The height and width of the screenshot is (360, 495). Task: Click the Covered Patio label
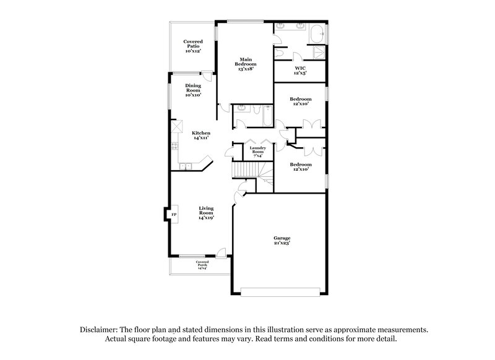click(193, 46)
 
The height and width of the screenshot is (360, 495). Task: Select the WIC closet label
click(300, 71)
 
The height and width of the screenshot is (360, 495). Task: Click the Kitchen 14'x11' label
click(200, 135)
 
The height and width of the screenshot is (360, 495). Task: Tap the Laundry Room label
click(257, 152)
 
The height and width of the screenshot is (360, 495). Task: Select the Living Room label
click(206, 213)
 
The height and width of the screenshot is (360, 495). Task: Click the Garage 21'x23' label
click(282, 241)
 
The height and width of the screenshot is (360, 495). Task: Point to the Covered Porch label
click(202, 265)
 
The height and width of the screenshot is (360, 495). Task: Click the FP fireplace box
click(173, 215)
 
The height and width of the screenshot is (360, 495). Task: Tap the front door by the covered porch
click(221, 253)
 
